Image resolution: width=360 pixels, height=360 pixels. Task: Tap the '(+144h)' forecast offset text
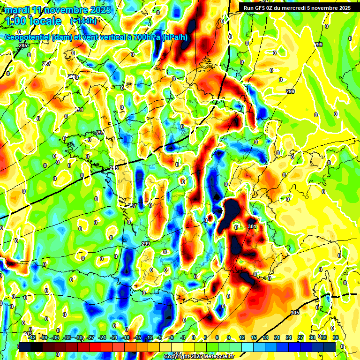point(83,21)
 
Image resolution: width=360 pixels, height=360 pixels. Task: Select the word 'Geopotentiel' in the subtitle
point(27,37)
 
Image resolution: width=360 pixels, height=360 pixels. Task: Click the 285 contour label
point(23,45)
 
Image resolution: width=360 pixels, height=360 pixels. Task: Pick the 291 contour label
point(79,110)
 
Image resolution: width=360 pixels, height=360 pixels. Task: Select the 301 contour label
point(252,227)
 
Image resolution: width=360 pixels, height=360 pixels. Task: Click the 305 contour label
point(294,313)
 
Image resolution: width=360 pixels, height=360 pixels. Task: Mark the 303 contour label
point(27,334)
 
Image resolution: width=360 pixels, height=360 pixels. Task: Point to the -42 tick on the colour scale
point(32,337)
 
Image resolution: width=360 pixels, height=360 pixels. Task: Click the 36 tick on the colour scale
point(335,337)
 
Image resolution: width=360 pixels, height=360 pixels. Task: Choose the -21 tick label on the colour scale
point(114,337)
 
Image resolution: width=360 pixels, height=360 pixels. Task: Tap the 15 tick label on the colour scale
point(254,337)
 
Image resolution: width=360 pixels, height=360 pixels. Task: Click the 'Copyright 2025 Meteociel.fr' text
point(199,356)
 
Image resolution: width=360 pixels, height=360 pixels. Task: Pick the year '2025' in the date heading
point(99,10)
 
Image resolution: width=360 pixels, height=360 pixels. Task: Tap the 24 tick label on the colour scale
point(288,337)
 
